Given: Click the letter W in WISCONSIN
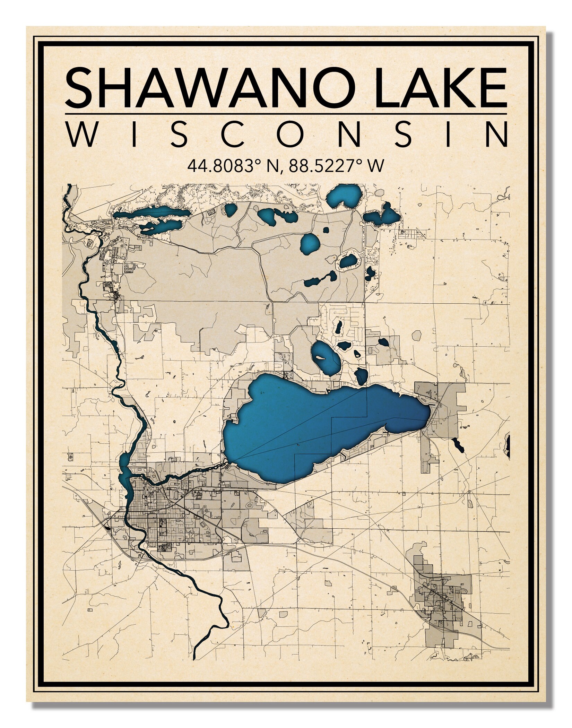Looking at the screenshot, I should pyautogui.click(x=83, y=134).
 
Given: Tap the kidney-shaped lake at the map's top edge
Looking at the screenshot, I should pyautogui.click(x=343, y=196).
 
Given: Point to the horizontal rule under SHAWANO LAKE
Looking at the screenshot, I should pyautogui.click(x=286, y=114).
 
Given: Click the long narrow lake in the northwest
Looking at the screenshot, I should pyautogui.click(x=153, y=212).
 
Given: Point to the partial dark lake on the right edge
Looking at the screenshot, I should pyautogui.click(x=508, y=444).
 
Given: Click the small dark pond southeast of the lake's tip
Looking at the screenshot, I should pyautogui.click(x=458, y=446).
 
